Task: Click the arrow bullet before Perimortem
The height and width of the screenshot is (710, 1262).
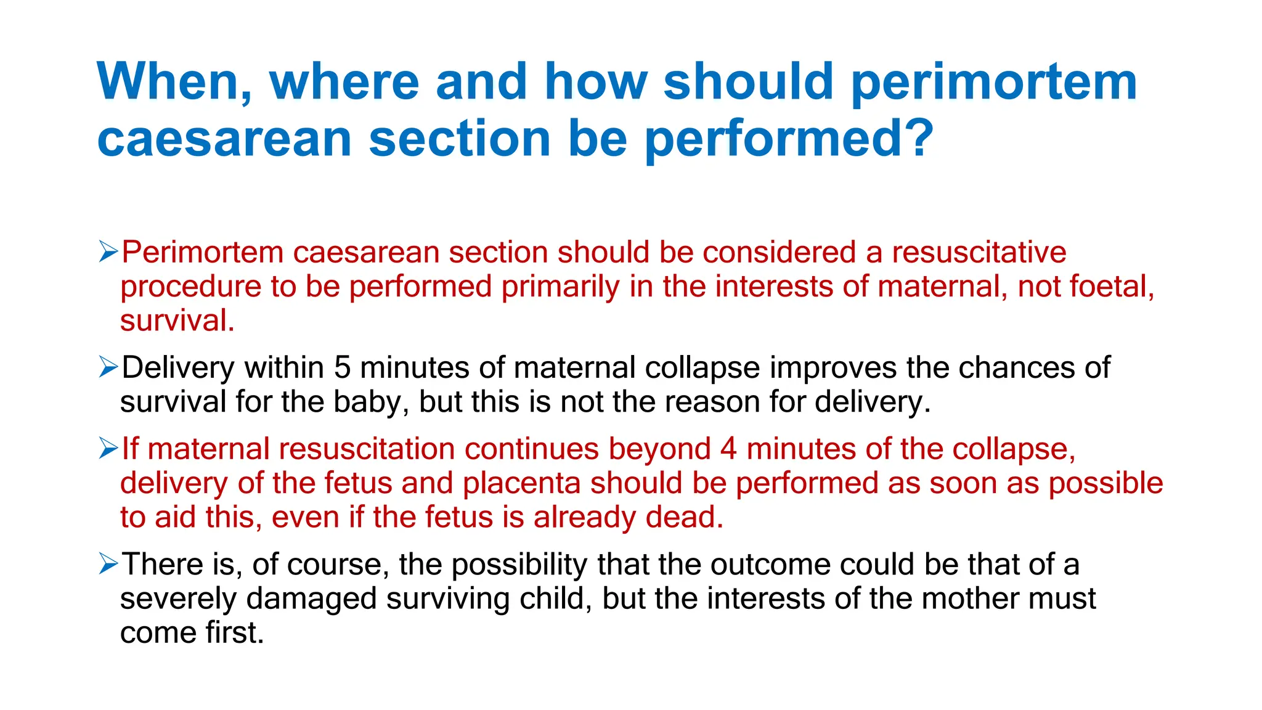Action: point(108,251)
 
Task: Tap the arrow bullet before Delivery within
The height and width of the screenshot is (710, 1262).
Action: point(108,367)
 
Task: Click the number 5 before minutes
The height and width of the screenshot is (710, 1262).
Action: point(342,368)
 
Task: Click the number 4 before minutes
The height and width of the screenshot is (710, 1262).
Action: point(728,449)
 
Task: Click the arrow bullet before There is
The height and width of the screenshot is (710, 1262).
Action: point(108,563)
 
